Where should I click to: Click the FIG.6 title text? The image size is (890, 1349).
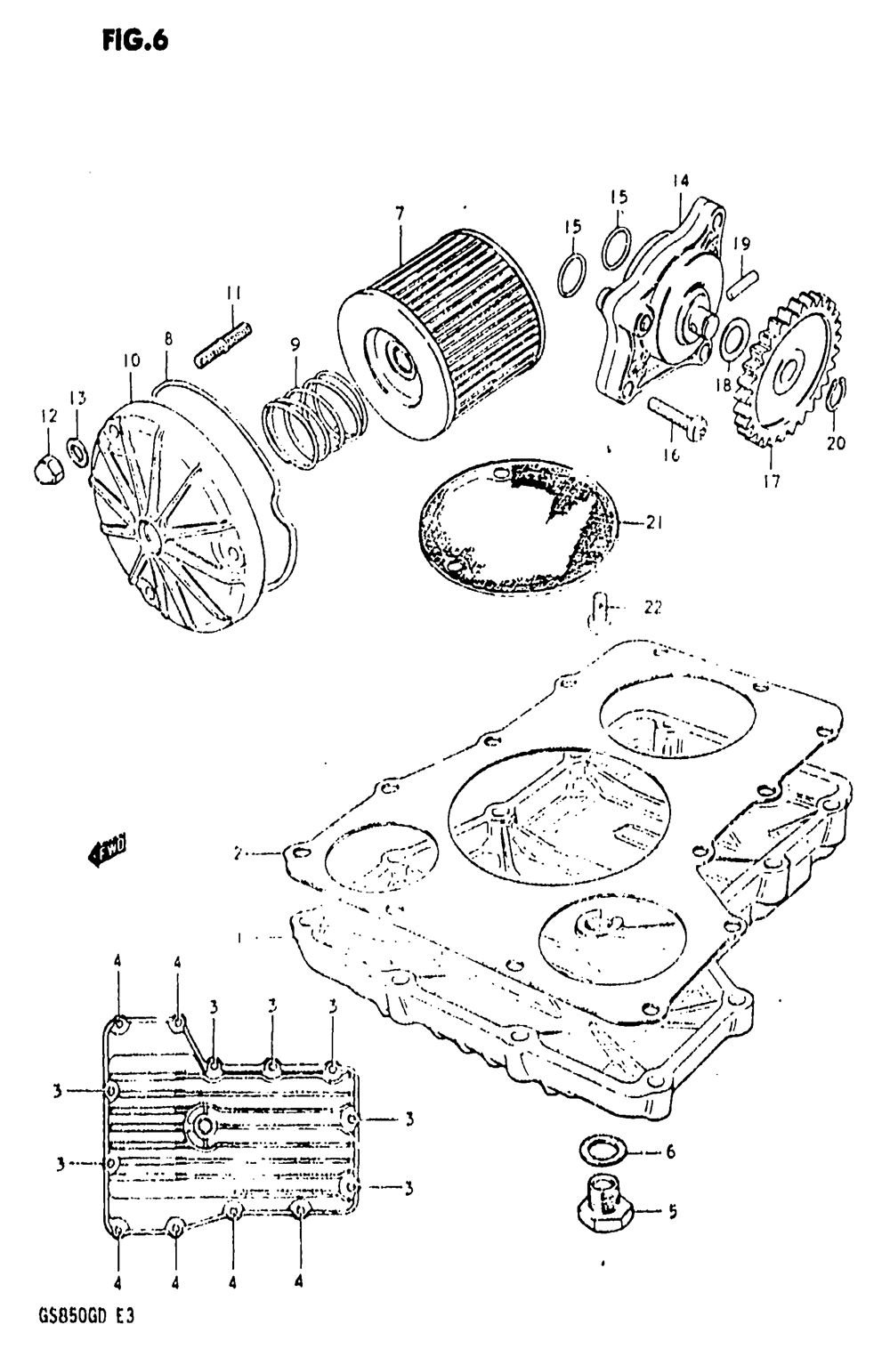pyautogui.click(x=134, y=41)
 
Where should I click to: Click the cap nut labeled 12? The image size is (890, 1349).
pyautogui.click(x=49, y=464)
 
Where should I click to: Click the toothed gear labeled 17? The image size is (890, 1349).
pyautogui.click(x=789, y=369)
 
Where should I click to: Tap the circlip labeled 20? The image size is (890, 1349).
pyautogui.click(x=837, y=394)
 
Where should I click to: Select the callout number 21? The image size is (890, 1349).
pyautogui.click(x=654, y=523)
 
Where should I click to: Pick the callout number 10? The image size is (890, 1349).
pyautogui.click(x=131, y=361)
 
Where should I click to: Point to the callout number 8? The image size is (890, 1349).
pyautogui.click(x=167, y=338)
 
